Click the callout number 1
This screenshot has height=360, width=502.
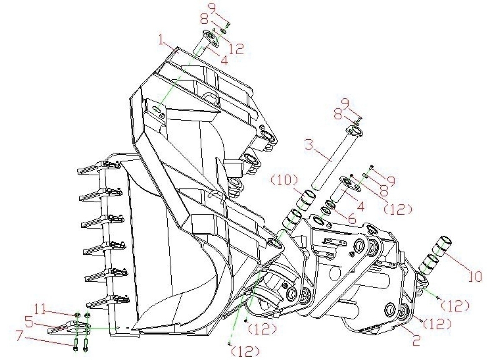(x=163, y=40)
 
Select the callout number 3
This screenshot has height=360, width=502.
(x=309, y=145)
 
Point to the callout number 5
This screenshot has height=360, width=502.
(x=29, y=322)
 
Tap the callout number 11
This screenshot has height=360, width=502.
(x=41, y=311)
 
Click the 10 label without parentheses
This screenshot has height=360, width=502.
(x=474, y=276)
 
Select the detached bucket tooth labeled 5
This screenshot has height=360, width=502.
(x=69, y=328)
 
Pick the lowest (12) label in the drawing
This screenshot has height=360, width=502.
(x=245, y=352)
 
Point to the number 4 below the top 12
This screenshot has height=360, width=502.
(x=224, y=60)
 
